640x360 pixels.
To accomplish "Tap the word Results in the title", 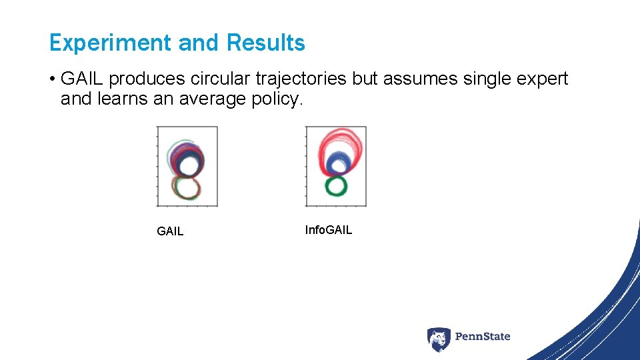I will coord(266,43).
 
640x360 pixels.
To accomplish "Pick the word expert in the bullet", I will coord(541,79).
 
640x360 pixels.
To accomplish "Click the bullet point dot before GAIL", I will coord(52,79).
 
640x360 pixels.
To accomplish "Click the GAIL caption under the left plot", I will coord(170,231).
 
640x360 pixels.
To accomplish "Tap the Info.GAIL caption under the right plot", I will coord(329,230).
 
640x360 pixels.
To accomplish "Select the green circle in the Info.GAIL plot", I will coord(337,185).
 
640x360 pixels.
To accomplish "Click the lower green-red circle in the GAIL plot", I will coord(187,187).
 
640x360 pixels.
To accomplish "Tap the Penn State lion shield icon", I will coord(439,339).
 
